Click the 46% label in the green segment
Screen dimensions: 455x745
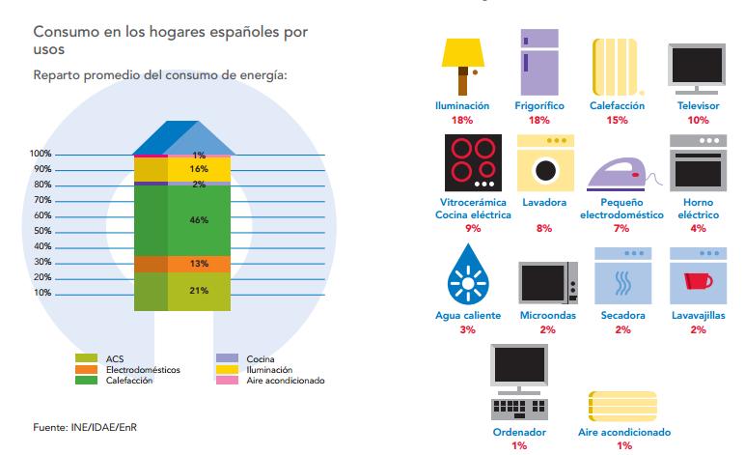click(200, 220)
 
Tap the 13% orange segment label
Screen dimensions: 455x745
click(200, 263)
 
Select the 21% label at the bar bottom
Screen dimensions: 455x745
click(200, 291)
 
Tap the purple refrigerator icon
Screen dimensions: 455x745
click(538, 61)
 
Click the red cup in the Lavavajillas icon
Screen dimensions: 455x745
click(695, 281)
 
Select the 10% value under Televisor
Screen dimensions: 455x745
click(698, 120)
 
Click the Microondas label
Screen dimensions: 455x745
click(547, 316)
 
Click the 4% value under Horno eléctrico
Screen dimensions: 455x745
click(698, 228)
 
